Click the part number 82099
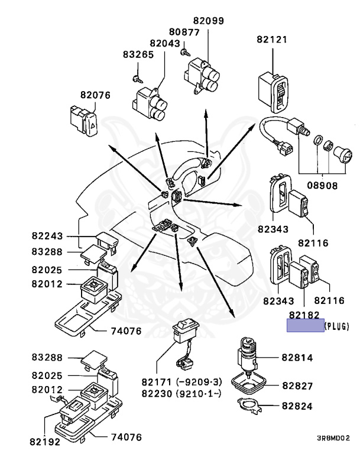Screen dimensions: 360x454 point(209,21)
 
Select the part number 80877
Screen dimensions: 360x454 point(184,32)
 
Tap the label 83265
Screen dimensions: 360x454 point(138,54)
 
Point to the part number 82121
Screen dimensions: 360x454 point(272,40)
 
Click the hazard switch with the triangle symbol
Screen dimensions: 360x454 point(84,121)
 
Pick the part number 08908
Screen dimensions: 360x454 point(322,185)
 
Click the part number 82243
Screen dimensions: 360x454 point(47,236)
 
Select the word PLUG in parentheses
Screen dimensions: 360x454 point(337,326)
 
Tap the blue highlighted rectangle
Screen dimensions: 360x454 point(305,326)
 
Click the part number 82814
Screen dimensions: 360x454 point(297,358)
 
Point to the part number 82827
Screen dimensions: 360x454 point(297,386)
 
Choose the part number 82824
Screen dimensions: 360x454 point(297,406)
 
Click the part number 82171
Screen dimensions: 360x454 point(157,382)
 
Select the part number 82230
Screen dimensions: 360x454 point(157,394)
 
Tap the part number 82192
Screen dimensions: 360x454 point(45,442)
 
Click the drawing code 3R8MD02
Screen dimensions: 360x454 point(333,438)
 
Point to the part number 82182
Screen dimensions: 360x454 point(304,315)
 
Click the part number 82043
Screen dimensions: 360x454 point(165,43)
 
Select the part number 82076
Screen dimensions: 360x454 point(95,95)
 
